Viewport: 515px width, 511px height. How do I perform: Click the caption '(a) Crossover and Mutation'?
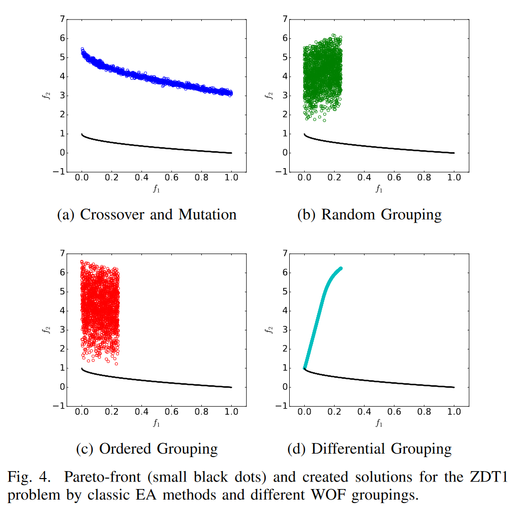pyautogui.click(x=147, y=215)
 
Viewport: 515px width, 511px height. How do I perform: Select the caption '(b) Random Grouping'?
pyautogui.click(x=369, y=215)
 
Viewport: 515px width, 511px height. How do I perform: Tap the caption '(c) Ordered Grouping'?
pyautogui.click(x=146, y=449)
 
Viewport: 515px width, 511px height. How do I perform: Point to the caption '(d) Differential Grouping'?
pyautogui.click(x=369, y=449)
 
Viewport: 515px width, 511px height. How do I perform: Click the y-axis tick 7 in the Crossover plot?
pyautogui.click(x=62, y=19)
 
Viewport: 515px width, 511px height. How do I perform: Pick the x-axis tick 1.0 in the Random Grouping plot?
pyautogui.click(x=454, y=178)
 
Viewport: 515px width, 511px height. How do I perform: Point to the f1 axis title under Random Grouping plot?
pyautogui.click(x=379, y=189)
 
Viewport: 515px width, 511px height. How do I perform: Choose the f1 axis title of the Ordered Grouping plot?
pyautogui.click(x=156, y=424)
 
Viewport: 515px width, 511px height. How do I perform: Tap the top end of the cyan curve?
pyautogui.click(x=341, y=268)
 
